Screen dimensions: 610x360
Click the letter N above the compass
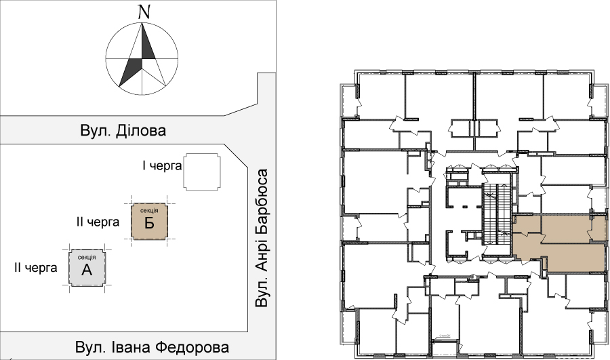tap(144, 12)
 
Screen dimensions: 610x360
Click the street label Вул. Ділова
tap(123, 130)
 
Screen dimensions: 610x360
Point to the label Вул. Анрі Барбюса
tap(262, 238)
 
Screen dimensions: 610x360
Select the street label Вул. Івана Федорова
tap(152, 347)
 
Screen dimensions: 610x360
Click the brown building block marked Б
tap(150, 222)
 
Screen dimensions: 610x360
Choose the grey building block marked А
tap(87, 267)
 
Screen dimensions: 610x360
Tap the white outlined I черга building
tap(202, 172)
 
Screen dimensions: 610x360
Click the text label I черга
tap(162, 166)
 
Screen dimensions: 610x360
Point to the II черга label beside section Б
tap(98, 222)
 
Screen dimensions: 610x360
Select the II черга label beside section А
tap(36, 268)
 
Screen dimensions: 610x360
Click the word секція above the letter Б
tap(149, 211)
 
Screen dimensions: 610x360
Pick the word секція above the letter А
tap(86, 257)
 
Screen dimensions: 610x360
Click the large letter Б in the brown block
tap(149, 224)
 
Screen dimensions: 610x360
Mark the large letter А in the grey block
tap(87, 270)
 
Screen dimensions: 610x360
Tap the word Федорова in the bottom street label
tap(194, 347)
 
